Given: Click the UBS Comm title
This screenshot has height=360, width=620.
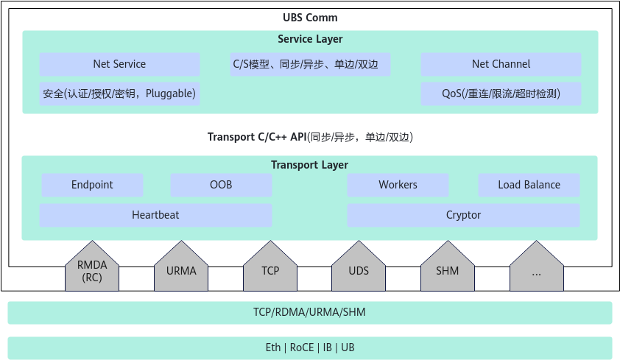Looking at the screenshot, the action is (310, 18).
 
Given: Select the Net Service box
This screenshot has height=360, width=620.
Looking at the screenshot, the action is (119, 64).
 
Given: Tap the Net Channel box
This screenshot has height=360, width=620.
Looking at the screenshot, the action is (501, 64).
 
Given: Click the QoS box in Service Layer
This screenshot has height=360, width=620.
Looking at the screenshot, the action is (501, 93).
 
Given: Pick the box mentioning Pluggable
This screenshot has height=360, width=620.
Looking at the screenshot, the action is (119, 93).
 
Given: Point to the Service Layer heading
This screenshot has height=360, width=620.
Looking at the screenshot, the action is (310, 39).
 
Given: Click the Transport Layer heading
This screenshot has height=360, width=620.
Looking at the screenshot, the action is (309, 165).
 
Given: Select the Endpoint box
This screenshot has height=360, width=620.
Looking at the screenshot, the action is (92, 185).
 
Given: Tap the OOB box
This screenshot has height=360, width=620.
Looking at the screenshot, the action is (221, 185).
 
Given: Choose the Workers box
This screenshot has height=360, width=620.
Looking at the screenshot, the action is (398, 185).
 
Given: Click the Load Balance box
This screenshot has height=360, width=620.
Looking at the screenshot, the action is (529, 185).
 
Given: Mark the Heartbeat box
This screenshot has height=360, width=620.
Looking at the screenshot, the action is (155, 215).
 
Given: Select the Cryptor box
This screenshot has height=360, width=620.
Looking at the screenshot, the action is (463, 215).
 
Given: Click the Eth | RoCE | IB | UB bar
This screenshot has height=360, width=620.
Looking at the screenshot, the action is (310, 347).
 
